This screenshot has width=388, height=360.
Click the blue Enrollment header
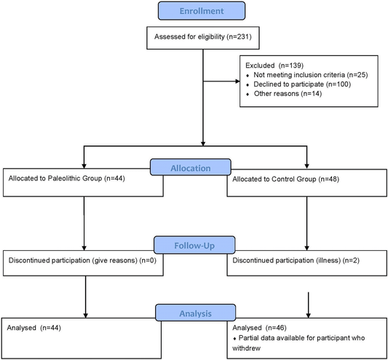[202, 11]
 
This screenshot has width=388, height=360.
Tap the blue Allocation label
[191, 167]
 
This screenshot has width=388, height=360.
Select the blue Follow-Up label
[194, 245]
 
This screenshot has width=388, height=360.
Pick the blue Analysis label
[196, 313]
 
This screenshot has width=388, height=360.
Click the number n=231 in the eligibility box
[238, 37]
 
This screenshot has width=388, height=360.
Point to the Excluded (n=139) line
[274, 65]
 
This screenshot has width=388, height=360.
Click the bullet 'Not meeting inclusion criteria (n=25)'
[307, 75]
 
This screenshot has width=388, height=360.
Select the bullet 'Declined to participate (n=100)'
[298, 84]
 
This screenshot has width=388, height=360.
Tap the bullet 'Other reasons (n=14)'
[284, 94]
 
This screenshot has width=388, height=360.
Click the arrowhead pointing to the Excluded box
[238, 81]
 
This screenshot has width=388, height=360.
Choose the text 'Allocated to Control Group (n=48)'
[285, 179]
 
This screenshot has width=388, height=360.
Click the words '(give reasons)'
[114, 260]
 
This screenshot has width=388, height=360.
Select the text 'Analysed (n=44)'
[34, 328]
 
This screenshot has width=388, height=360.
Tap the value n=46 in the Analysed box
[276, 328]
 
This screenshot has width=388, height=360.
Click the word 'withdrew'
[247, 348]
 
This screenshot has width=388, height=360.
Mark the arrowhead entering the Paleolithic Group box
[84, 166]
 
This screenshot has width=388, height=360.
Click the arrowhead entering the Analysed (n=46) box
[308, 316]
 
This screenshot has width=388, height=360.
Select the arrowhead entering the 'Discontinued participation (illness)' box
[307, 248]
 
